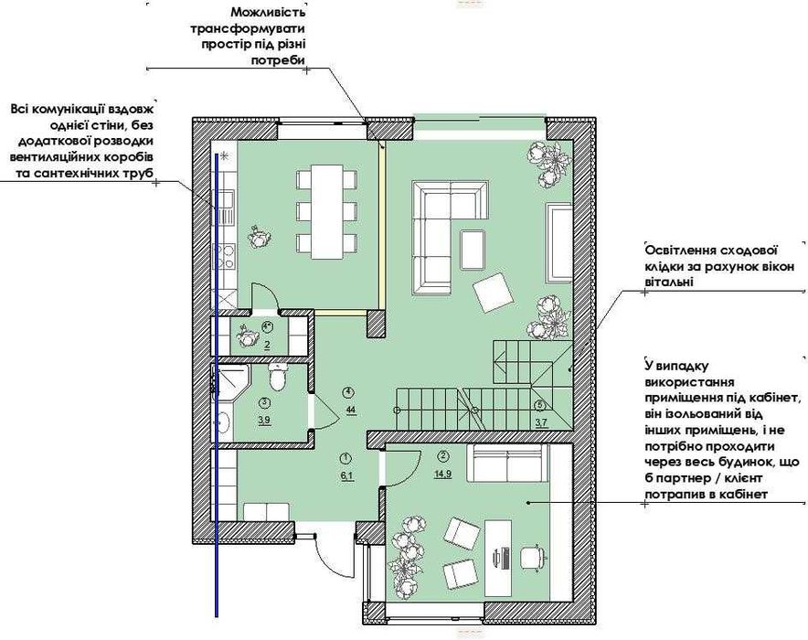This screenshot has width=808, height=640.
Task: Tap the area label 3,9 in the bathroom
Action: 264,421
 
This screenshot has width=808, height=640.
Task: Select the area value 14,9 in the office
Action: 442,475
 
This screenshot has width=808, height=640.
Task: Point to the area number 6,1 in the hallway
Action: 346,476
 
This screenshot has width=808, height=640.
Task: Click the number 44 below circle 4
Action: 351,411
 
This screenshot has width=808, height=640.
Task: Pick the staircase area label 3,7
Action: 541,423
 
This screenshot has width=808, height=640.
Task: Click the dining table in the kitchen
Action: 327,212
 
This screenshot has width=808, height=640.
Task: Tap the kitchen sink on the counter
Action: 225,207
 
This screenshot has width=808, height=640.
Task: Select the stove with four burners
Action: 225,256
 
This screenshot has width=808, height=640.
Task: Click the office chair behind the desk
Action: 532,557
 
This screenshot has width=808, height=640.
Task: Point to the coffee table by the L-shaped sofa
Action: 473,250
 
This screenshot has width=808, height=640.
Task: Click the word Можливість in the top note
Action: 268,11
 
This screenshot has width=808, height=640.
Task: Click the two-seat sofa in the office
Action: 505,464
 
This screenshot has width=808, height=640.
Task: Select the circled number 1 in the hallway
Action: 346,457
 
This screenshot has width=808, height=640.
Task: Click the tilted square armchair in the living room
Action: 494,293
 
